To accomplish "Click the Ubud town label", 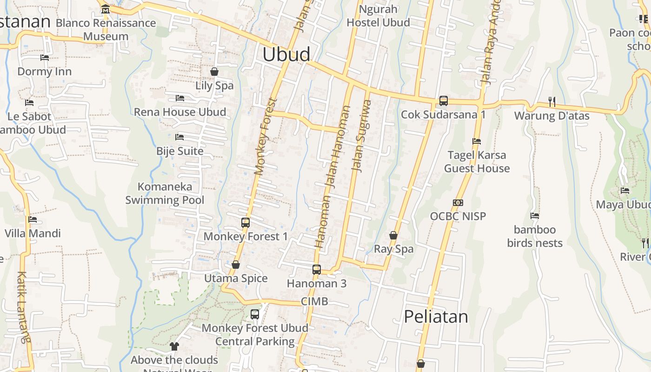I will point(286,54).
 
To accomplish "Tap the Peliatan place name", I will point(436,317).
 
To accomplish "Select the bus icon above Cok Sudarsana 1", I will point(443,100).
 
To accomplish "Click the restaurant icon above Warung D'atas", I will point(552,101).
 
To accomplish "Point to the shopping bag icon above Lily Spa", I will point(214,72).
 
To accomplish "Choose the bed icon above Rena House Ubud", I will point(180,98).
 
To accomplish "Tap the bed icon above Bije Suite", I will point(179,137).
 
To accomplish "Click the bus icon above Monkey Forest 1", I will point(246,222).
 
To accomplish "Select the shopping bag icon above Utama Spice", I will point(236,265).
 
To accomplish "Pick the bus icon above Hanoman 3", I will point(317,269).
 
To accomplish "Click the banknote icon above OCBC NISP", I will point(458,203).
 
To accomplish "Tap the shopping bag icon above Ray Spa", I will point(393,235).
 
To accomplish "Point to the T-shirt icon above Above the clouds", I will point(174,346).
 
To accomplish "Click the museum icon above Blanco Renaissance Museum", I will point(106,9).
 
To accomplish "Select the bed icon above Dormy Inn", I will point(45,58).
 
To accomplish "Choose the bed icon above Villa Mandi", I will point(33,219).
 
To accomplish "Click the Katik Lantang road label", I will point(22,307).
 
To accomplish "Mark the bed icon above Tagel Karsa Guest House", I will point(477,141).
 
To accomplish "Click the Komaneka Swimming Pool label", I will point(165,193).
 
